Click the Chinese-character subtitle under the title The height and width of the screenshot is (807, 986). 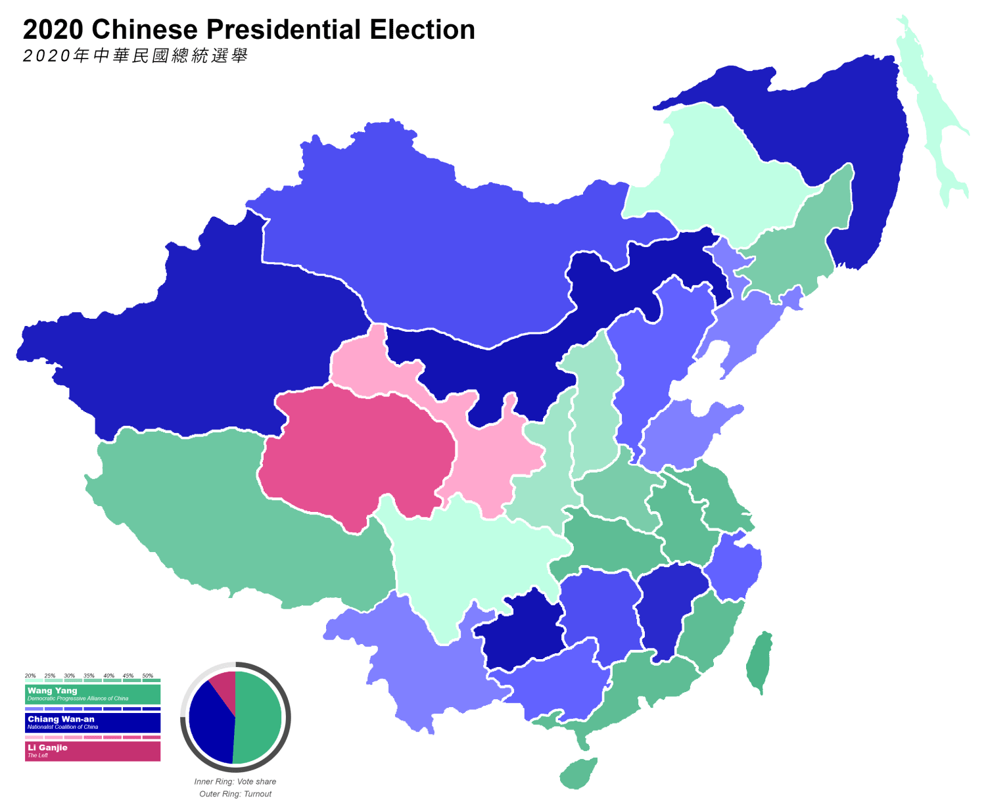[x=135, y=56]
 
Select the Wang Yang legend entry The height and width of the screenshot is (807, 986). [x=93, y=694]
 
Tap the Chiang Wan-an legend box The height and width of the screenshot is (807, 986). [x=93, y=722]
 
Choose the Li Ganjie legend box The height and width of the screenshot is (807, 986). [x=93, y=751]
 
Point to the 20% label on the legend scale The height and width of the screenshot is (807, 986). [x=30, y=676]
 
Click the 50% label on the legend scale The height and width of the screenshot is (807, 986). [x=148, y=676]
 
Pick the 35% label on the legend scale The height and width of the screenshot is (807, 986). [x=89, y=676]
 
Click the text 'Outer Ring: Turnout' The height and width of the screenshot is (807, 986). [x=235, y=794]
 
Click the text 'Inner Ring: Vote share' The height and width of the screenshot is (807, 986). [x=235, y=782]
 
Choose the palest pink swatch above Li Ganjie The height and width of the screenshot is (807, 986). [x=34, y=737]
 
